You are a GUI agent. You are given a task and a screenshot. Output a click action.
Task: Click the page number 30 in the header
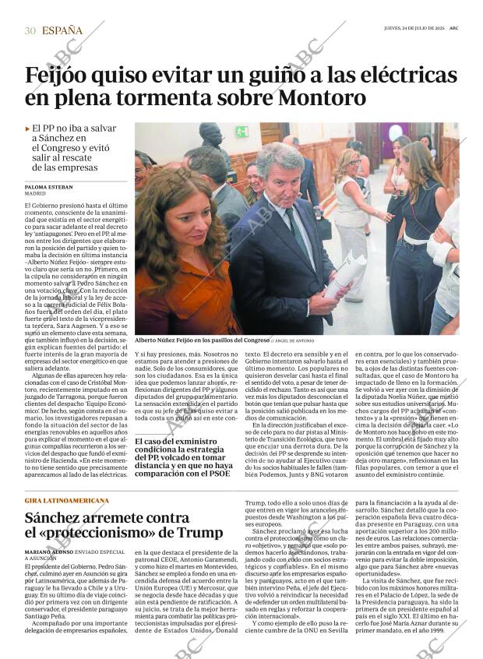[x=30, y=30]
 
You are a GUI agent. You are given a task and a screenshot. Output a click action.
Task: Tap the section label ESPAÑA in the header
[x=62, y=30]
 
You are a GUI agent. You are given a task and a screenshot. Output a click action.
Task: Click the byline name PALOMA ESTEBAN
[x=48, y=188]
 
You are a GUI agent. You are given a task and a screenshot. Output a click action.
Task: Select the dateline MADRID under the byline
[x=36, y=195]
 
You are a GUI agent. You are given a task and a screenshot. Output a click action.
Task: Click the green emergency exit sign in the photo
[x=242, y=132]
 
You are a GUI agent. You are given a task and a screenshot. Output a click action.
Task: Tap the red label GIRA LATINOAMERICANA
[x=66, y=500]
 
